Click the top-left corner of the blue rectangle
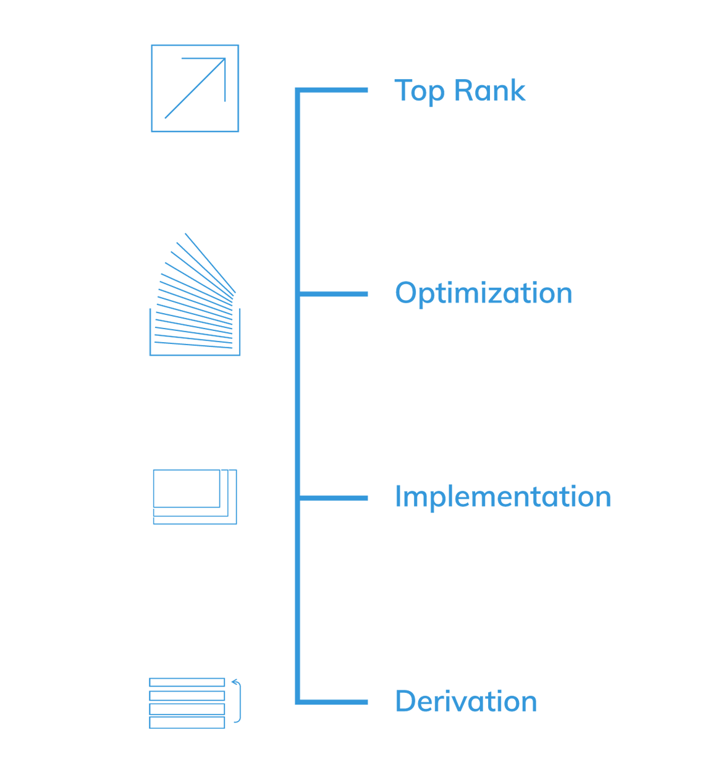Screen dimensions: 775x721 pyautogui.click(x=150, y=45)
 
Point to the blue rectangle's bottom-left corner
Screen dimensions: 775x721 pyautogui.click(x=150, y=727)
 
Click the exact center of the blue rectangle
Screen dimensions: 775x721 pyautogui.click(x=376, y=387)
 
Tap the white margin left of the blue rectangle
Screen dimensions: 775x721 pyautogui.click(x=74, y=387)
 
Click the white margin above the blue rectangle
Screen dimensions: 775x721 pyautogui.click(x=376, y=22)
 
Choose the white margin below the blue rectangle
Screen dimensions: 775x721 pyautogui.click(x=376, y=752)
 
